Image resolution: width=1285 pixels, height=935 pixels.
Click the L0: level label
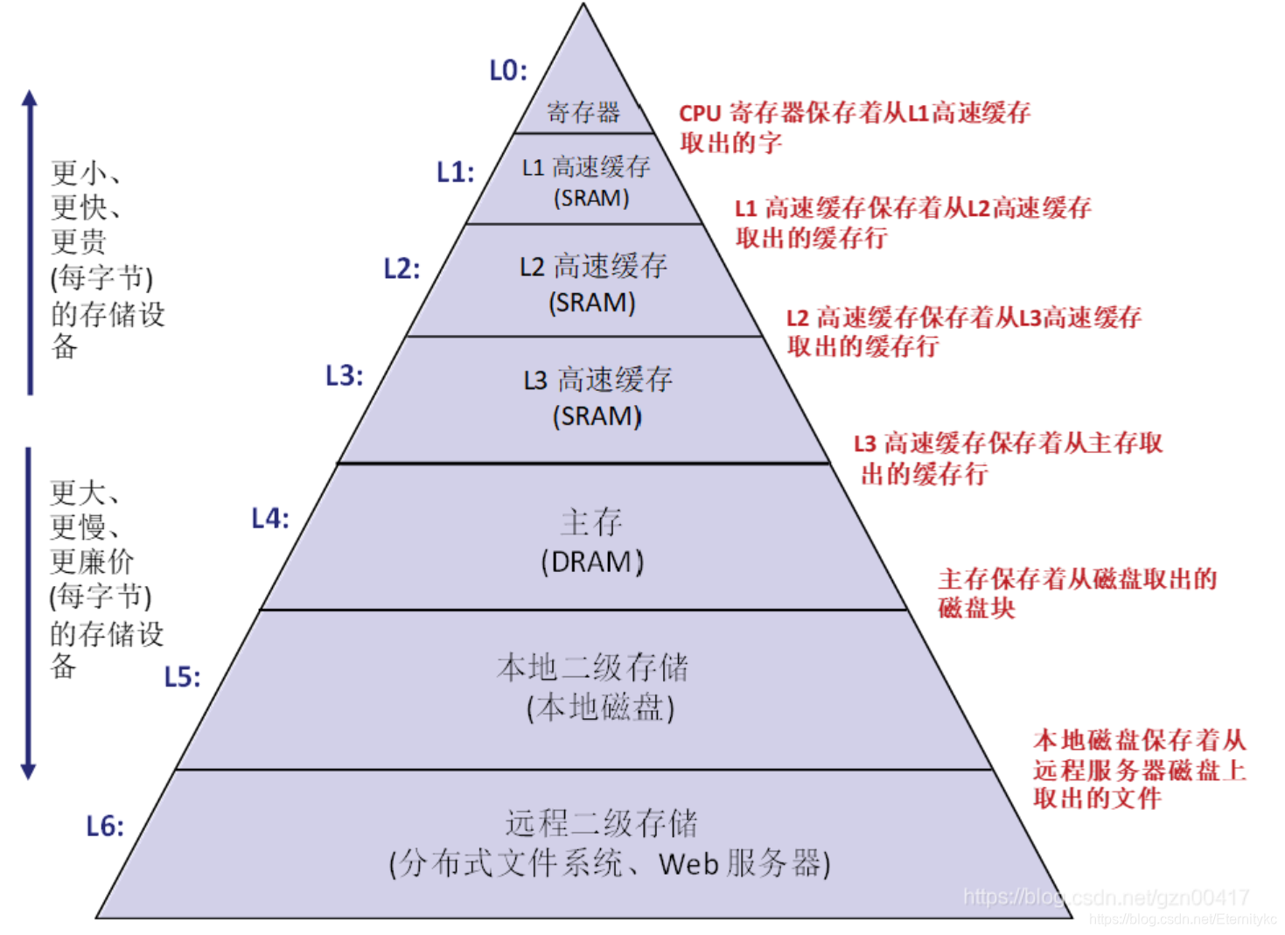point(508,70)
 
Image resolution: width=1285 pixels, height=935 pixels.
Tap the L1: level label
point(456,171)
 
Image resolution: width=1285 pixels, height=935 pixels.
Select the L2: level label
point(402,269)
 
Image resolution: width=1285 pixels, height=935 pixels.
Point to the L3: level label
point(344,375)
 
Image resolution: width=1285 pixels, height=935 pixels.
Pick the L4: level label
point(270,518)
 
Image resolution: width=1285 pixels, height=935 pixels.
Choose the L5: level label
point(182,676)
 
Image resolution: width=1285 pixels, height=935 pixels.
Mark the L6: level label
point(105,826)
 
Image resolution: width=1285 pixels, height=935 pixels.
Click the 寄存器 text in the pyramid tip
point(583,112)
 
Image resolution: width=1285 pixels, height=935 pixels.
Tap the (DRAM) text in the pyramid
point(592,562)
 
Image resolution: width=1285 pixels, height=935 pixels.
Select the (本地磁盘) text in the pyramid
point(600,708)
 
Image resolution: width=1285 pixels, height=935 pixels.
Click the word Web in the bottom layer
point(688,864)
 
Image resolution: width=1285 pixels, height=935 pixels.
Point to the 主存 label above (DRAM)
point(592,523)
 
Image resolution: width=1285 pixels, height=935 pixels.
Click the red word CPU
point(700,113)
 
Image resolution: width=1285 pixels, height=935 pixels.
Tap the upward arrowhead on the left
point(30,98)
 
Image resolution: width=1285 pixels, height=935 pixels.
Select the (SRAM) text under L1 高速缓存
point(591,199)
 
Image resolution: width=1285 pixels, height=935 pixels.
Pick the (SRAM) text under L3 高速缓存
point(597,416)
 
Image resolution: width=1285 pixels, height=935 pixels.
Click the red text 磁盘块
point(976,608)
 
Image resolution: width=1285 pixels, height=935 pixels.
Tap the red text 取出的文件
point(1097,798)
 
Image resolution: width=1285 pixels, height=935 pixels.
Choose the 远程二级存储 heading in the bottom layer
point(601,823)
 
